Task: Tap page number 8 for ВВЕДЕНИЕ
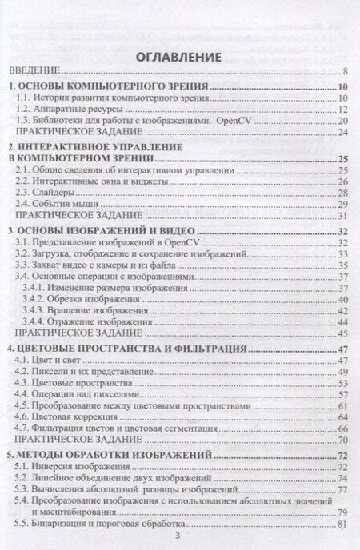pos(343,72)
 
